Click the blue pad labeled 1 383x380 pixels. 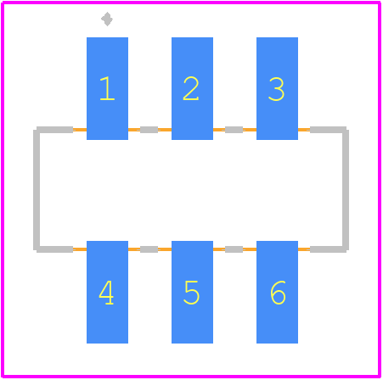point(107,88)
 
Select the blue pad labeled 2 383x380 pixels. point(192,88)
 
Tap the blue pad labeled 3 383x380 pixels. point(277,88)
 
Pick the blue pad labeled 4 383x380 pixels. point(107,292)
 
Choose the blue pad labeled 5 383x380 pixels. point(192,292)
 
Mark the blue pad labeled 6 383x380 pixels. point(277,292)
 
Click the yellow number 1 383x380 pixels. point(107,88)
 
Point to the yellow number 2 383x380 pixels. point(191,88)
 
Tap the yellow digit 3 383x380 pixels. point(276,89)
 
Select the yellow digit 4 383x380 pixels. point(106,293)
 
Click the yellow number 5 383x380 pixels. point(192,293)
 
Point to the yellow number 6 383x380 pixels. point(278,293)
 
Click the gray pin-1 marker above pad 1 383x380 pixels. point(107,19)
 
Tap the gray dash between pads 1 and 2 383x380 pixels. point(149,130)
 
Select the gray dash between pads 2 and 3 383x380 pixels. point(234,130)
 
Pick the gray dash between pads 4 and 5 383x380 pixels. point(149,249)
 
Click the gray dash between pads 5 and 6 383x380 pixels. point(234,249)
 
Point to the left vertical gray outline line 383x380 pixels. point(37,190)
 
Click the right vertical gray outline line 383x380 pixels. point(346,190)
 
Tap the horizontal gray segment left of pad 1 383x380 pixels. point(54,130)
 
